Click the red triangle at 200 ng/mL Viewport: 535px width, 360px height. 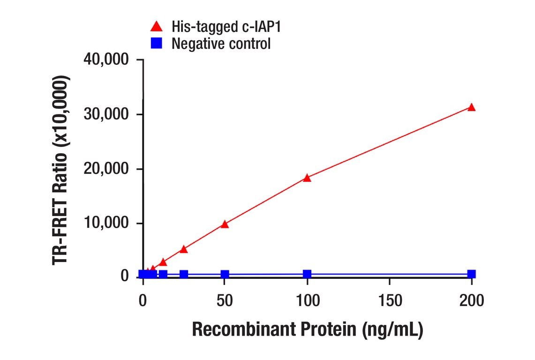tap(472, 107)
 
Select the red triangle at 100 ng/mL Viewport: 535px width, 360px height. tap(307, 178)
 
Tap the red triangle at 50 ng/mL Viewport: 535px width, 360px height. tap(225, 224)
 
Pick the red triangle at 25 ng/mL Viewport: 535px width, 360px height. tap(184, 249)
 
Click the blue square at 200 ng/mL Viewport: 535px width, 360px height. tap(472, 274)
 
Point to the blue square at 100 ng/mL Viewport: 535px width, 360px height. tap(307, 274)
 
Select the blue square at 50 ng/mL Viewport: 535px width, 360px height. tap(225, 274)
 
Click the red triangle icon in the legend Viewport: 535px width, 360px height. tap(157, 26)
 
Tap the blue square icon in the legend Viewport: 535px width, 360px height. tap(157, 44)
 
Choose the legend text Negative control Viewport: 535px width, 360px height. tap(221, 44)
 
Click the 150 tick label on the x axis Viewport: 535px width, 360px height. tap(389, 300)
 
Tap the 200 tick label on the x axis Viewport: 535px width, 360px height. tap(471, 300)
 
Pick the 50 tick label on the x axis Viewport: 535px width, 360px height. tap(225, 300)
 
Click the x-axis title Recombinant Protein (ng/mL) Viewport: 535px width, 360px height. tap(308, 330)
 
